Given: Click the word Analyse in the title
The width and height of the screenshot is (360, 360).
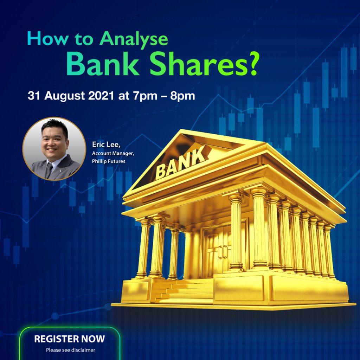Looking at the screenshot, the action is click(x=134, y=39).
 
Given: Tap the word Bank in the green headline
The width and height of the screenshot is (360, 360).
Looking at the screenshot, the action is click(x=103, y=64).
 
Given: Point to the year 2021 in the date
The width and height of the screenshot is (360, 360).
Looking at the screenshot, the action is click(x=101, y=96).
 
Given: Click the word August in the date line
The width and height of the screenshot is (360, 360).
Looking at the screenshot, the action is click(x=65, y=96).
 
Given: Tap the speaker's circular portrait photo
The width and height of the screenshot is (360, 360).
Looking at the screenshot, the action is click(x=54, y=149).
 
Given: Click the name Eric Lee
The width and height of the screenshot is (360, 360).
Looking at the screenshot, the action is click(x=106, y=144).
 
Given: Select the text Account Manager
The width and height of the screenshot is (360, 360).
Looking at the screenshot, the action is click(x=113, y=153).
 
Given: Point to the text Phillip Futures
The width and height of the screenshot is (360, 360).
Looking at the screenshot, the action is click(x=109, y=161).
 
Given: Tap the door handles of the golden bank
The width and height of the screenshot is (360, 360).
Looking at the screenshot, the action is click(x=223, y=252).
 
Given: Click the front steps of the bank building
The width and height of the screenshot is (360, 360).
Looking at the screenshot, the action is click(x=184, y=291).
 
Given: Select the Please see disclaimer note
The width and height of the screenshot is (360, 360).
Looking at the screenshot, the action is click(x=70, y=350).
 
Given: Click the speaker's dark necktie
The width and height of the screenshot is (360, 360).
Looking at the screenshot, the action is click(x=49, y=170).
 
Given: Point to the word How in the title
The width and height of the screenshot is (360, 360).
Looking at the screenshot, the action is click(x=47, y=39).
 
